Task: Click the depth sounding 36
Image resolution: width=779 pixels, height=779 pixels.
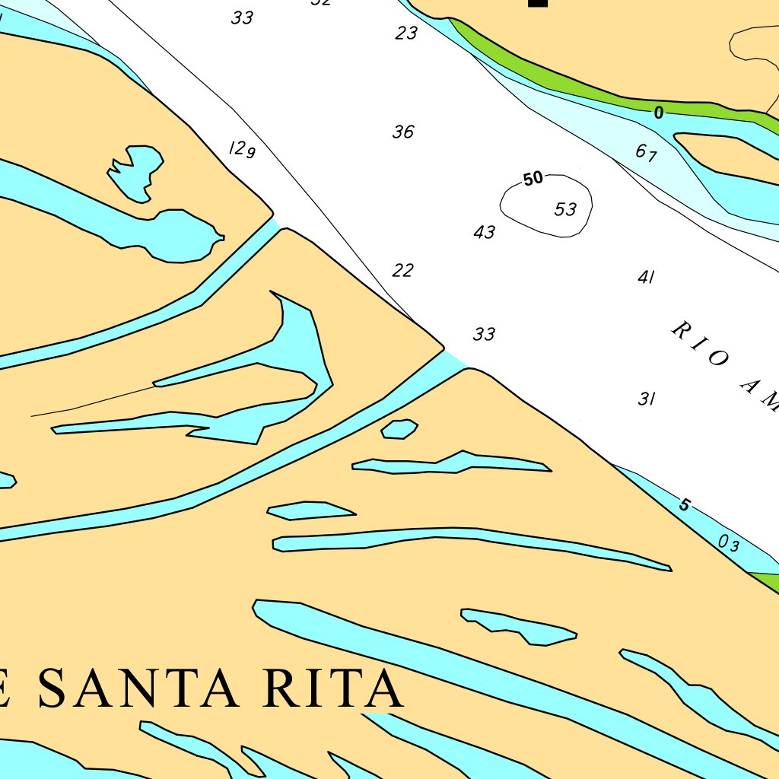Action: pos(403,132)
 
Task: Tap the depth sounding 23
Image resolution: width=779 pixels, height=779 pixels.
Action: pos(407,33)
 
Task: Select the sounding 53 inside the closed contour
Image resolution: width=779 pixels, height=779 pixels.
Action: pos(565,209)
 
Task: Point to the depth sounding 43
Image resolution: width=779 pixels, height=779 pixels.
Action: pos(484,233)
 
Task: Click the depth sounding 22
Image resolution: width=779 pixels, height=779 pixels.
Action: pos(403,270)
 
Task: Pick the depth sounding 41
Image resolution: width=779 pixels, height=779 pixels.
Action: pos(646,277)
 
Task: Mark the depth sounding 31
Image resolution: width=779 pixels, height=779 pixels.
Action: pos(647,399)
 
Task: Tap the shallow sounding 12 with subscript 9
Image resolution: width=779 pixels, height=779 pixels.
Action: pos(242,149)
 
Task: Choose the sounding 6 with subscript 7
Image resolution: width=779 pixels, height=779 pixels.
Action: pos(646,153)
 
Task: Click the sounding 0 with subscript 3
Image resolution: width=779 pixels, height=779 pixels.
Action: pos(728,543)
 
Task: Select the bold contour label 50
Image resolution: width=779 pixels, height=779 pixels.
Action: pos(533,179)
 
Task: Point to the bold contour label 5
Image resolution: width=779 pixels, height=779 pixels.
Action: pos(684,505)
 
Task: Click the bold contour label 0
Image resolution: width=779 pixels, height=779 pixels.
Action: pos(658,113)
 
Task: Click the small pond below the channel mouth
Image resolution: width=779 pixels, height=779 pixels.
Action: pos(399,429)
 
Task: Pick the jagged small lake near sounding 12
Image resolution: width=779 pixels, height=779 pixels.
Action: pos(137,173)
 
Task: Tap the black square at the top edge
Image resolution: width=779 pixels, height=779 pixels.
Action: pos(538,3)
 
